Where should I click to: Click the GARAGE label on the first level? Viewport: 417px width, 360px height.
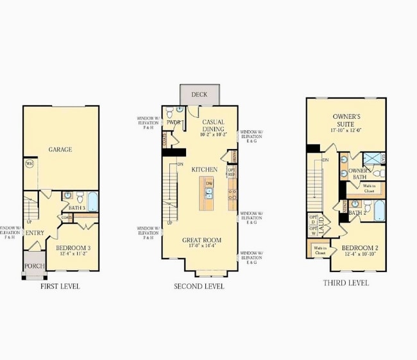(60, 150)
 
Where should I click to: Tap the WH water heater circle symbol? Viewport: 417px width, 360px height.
(29, 164)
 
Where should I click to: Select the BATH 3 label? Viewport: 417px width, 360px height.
(77, 207)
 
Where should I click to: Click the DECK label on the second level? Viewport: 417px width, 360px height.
(199, 95)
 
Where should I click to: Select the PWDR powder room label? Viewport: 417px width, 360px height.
(173, 122)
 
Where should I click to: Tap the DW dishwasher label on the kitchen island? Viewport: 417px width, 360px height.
(209, 184)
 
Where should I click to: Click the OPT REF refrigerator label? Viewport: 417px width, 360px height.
(232, 172)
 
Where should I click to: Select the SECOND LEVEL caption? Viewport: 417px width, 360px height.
(200, 286)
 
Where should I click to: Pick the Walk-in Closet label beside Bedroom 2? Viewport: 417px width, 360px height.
(319, 250)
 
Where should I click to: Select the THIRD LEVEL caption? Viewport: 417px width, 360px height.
(346, 282)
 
